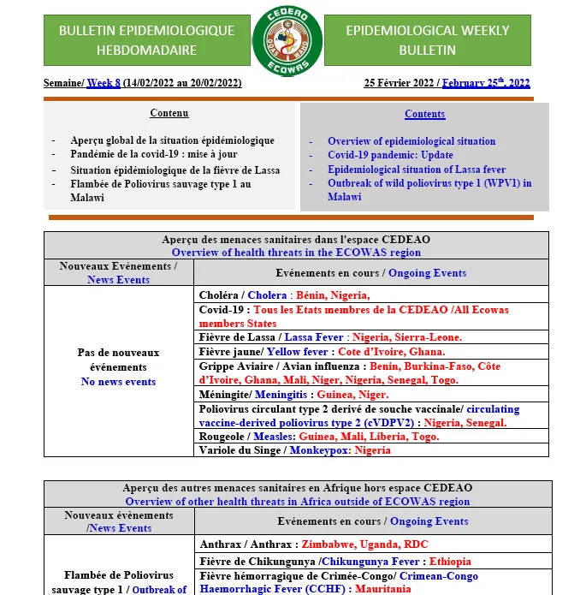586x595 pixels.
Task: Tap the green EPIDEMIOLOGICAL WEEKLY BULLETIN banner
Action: point(428,40)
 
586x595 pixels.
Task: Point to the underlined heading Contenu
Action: point(169,113)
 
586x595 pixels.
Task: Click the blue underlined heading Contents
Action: point(424,114)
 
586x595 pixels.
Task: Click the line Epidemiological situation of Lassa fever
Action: point(416,170)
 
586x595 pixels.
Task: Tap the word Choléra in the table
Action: point(218,295)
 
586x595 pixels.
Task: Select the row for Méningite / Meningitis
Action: point(293,395)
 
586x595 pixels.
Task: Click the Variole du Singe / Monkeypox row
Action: point(294,450)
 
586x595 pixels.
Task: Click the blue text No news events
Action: point(118,382)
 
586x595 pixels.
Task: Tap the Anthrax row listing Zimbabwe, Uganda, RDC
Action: point(314,544)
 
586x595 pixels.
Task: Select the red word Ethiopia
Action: point(450,562)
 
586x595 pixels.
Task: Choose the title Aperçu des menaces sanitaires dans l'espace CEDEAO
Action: point(296,240)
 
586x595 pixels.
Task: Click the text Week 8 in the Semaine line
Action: point(104,83)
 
